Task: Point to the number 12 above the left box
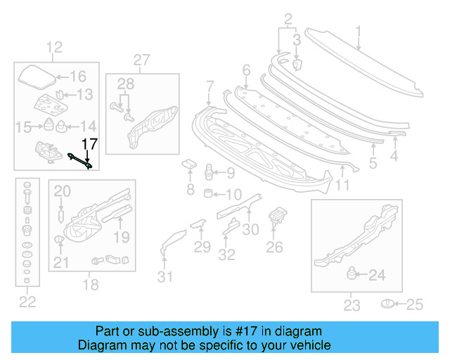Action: tap(55, 48)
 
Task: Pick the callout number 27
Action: tap(142, 60)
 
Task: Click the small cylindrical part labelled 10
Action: tap(208, 193)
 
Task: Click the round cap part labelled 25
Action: tap(386, 304)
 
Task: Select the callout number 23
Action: tap(352, 304)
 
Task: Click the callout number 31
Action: tap(165, 276)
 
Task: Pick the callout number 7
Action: tap(210, 87)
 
